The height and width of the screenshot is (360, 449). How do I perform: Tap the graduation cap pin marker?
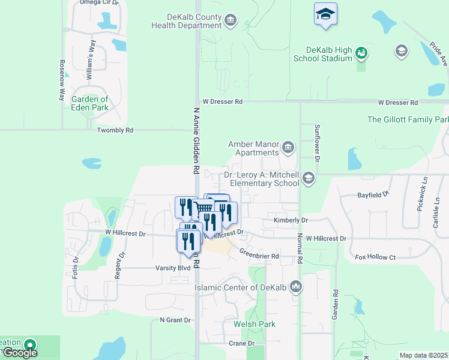325,14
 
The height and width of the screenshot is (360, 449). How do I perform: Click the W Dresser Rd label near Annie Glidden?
222,102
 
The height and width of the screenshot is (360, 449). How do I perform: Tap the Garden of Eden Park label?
90,103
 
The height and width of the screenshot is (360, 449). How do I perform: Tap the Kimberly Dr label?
291,220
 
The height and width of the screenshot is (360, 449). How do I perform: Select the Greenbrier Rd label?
260,256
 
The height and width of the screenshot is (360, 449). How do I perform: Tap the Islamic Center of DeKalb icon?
295,287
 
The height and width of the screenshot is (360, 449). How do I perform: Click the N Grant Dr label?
175,320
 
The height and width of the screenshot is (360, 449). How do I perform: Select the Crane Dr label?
242,343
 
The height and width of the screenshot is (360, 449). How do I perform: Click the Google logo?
20,353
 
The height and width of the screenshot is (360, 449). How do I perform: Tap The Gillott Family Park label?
408,119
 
